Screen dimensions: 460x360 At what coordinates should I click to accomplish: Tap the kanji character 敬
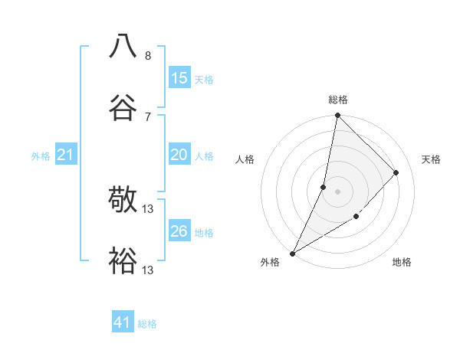click(x=123, y=200)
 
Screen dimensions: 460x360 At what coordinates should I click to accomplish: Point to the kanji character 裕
click(x=123, y=260)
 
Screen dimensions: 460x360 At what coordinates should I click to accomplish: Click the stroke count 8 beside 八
click(x=148, y=56)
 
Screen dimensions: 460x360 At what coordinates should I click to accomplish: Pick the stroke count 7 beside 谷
click(x=148, y=116)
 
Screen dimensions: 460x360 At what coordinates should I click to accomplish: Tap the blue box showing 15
click(x=179, y=78)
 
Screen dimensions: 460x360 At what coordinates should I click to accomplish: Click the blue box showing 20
click(x=179, y=155)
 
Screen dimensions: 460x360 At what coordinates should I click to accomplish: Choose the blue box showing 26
click(x=179, y=231)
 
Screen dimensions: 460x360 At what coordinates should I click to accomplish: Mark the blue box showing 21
click(x=66, y=155)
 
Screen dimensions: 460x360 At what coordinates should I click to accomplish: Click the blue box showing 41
click(x=123, y=323)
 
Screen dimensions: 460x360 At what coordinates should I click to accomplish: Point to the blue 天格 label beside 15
click(x=204, y=79)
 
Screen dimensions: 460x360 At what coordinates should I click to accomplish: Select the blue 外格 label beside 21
click(x=41, y=155)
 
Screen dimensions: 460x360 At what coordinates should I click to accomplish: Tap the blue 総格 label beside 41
click(x=147, y=324)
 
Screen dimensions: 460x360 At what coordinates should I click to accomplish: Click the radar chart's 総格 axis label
click(x=337, y=100)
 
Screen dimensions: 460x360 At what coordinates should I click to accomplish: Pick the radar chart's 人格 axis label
click(x=245, y=159)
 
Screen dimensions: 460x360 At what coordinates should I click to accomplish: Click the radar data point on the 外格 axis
click(x=292, y=253)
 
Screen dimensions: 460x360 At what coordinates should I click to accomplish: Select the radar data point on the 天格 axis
click(x=396, y=172)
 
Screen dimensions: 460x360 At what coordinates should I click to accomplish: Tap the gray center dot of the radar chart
click(x=337, y=191)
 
